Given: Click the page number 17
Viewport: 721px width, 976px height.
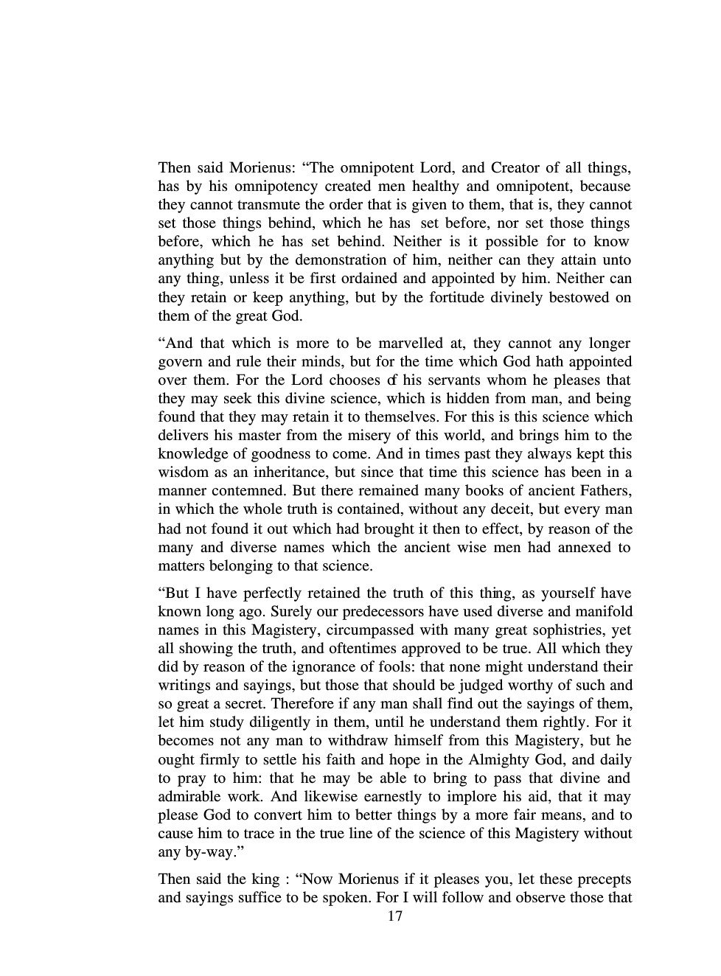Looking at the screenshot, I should point(394,916).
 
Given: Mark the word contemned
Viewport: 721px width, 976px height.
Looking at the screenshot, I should point(235,490).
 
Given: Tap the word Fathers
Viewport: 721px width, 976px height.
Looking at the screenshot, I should point(605,490).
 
